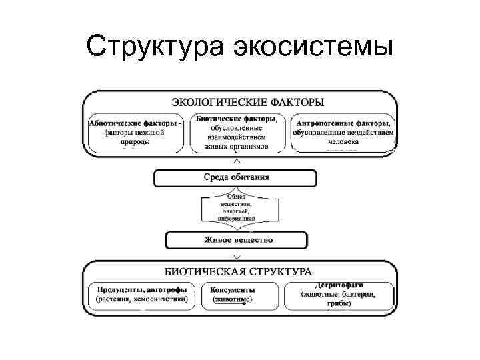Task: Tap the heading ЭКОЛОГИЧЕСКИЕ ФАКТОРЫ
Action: click(x=247, y=103)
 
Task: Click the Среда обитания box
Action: click(x=236, y=178)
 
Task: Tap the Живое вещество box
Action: click(x=237, y=240)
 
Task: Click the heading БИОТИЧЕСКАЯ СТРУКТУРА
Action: click(x=238, y=272)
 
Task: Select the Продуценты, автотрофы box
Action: click(x=141, y=295)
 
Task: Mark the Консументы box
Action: click(x=233, y=295)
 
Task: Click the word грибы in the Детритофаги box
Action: click(x=339, y=304)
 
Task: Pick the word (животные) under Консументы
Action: click(x=232, y=300)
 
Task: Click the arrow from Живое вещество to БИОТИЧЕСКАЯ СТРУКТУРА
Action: click(x=237, y=255)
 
